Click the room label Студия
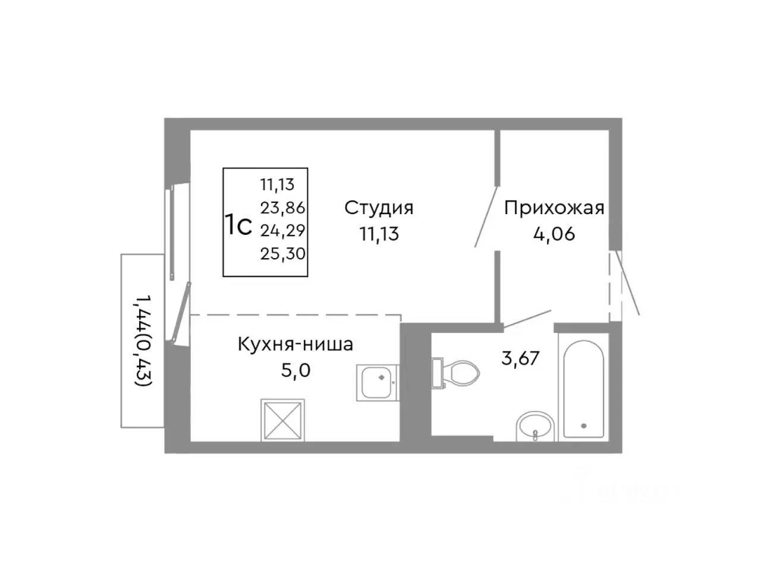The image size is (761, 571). click(379, 208)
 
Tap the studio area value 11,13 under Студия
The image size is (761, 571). click(379, 234)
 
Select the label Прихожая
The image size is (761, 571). click(554, 208)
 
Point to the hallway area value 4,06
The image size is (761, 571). click(554, 234)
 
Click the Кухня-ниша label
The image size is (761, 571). click(295, 344)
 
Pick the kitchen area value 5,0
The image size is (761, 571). click(295, 371)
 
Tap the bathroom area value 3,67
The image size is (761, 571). click(520, 359)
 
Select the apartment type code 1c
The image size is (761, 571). click(238, 226)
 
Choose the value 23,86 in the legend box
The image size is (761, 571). click(282, 208)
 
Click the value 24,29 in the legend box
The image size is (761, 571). click(282, 230)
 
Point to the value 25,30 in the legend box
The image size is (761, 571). click(282, 254)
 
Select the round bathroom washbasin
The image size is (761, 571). click(536, 426)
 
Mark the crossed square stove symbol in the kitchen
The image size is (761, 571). click(282, 420)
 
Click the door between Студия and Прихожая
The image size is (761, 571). click(486, 217)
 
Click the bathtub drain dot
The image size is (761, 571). click(583, 425)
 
